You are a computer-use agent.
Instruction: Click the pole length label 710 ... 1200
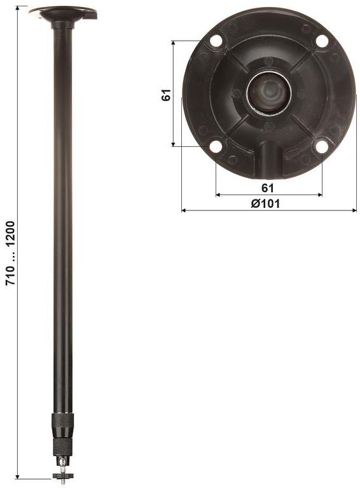point(11,253)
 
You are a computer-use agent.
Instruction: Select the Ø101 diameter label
point(265,203)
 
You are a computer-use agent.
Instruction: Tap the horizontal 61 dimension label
point(268,187)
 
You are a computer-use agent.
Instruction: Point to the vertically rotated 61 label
point(166,95)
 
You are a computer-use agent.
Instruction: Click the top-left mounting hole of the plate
point(216,41)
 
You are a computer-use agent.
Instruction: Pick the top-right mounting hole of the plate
point(322,41)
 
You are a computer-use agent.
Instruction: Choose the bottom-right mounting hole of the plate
point(322,146)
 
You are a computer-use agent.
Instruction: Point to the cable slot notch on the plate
point(270,159)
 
